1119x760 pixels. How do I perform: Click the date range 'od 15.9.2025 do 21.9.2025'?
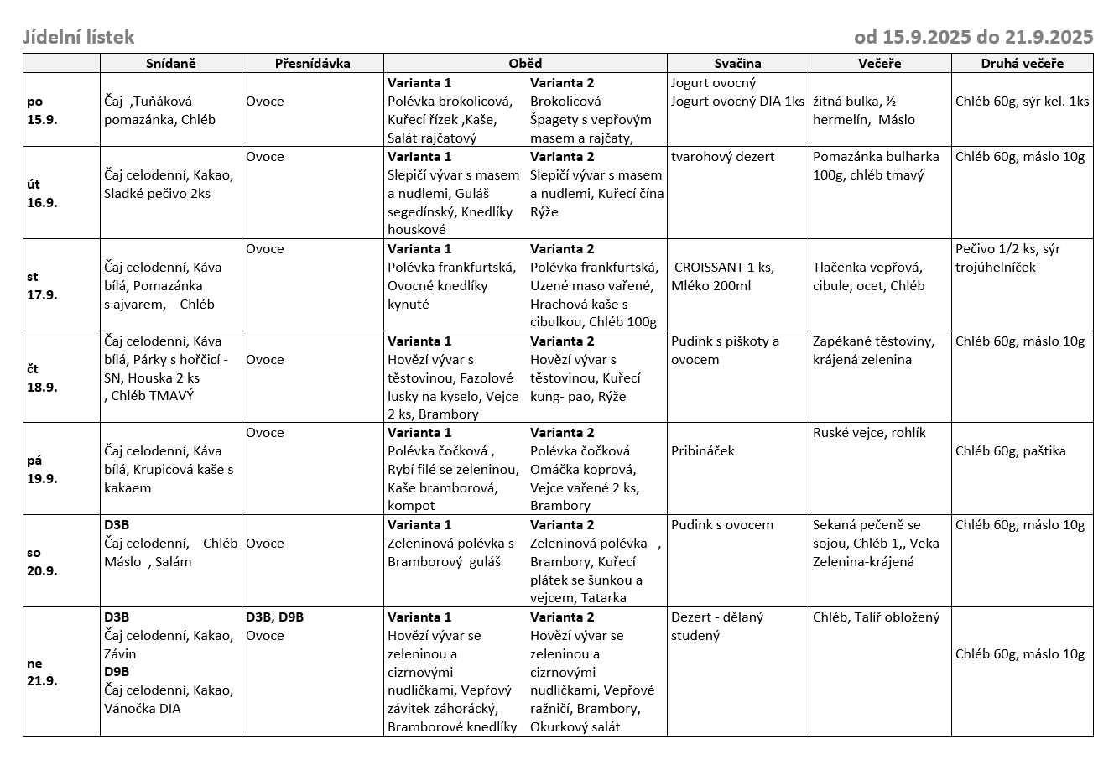973,37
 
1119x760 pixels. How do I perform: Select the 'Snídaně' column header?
170,63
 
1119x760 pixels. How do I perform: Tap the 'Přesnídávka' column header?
312,63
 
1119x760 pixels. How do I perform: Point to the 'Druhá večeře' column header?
1022,63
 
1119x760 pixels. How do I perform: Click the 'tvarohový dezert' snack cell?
722,156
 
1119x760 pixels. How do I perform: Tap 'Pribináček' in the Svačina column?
702,450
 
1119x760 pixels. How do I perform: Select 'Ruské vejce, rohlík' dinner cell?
869,433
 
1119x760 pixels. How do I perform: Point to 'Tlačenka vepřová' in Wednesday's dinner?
867,268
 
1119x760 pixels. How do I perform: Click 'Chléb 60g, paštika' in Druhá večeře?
1010,450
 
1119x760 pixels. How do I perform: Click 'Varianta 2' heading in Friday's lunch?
562,433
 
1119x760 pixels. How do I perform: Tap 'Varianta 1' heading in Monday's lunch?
419,83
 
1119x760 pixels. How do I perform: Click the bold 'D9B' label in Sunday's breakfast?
117,672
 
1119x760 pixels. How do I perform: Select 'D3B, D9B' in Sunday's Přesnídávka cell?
274,617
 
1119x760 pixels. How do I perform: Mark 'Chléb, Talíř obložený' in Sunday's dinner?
876,617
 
